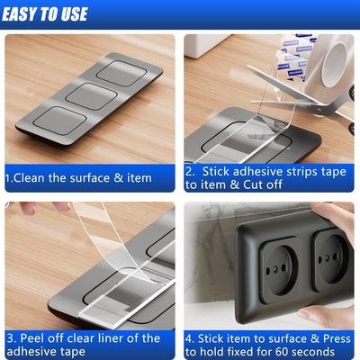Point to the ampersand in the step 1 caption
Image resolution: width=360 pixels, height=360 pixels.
[115, 177]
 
